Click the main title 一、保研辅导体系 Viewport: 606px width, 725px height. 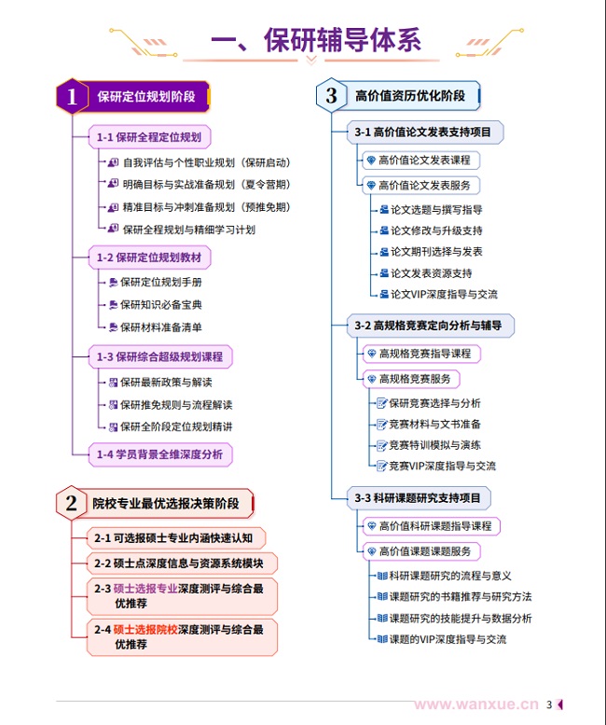click(315, 40)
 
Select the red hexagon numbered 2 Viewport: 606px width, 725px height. click(72, 504)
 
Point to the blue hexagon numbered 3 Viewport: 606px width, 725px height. click(331, 96)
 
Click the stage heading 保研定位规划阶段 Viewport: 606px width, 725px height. click(146, 96)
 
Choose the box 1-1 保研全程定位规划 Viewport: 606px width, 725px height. click(149, 137)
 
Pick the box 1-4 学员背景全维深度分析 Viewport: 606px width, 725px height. click(160, 454)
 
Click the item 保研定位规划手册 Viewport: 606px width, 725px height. click(161, 282)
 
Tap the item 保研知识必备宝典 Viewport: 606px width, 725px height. click(161, 304)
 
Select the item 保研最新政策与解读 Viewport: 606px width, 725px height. click(166, 382)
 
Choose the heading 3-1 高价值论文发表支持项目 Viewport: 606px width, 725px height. click(422, 132)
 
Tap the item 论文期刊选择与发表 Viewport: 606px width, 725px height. click(436, 252)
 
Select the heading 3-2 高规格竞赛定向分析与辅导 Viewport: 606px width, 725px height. click(428, 326)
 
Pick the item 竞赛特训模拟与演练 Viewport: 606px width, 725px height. click(435, 445)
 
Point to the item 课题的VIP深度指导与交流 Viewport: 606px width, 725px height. click(448, 639)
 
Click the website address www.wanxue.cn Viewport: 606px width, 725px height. click(476, 704)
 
